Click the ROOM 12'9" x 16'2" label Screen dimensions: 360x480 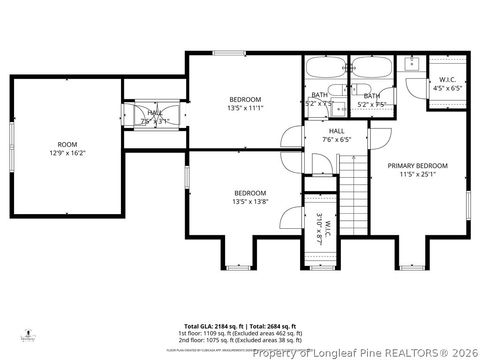67,149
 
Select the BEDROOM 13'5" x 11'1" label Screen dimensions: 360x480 245,103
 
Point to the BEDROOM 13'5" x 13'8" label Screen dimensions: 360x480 250,197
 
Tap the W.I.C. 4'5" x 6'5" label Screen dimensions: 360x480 447,83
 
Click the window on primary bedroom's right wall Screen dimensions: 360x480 468,205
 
